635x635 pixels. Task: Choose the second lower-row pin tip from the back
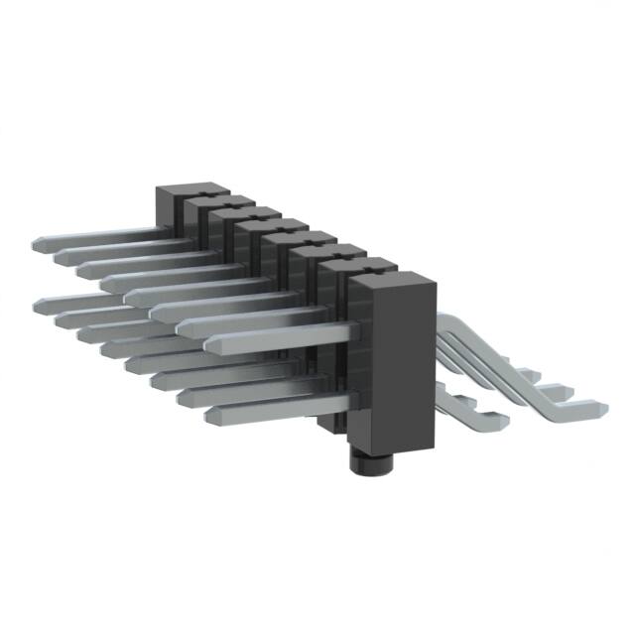60,318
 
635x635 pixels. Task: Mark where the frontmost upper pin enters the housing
350,329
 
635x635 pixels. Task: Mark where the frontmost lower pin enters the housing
350,401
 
